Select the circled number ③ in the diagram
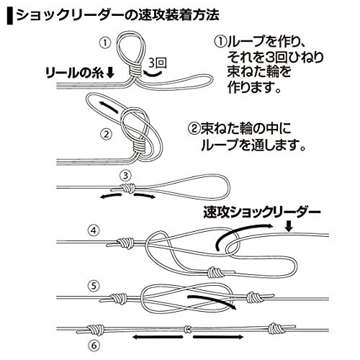(125, 174)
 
